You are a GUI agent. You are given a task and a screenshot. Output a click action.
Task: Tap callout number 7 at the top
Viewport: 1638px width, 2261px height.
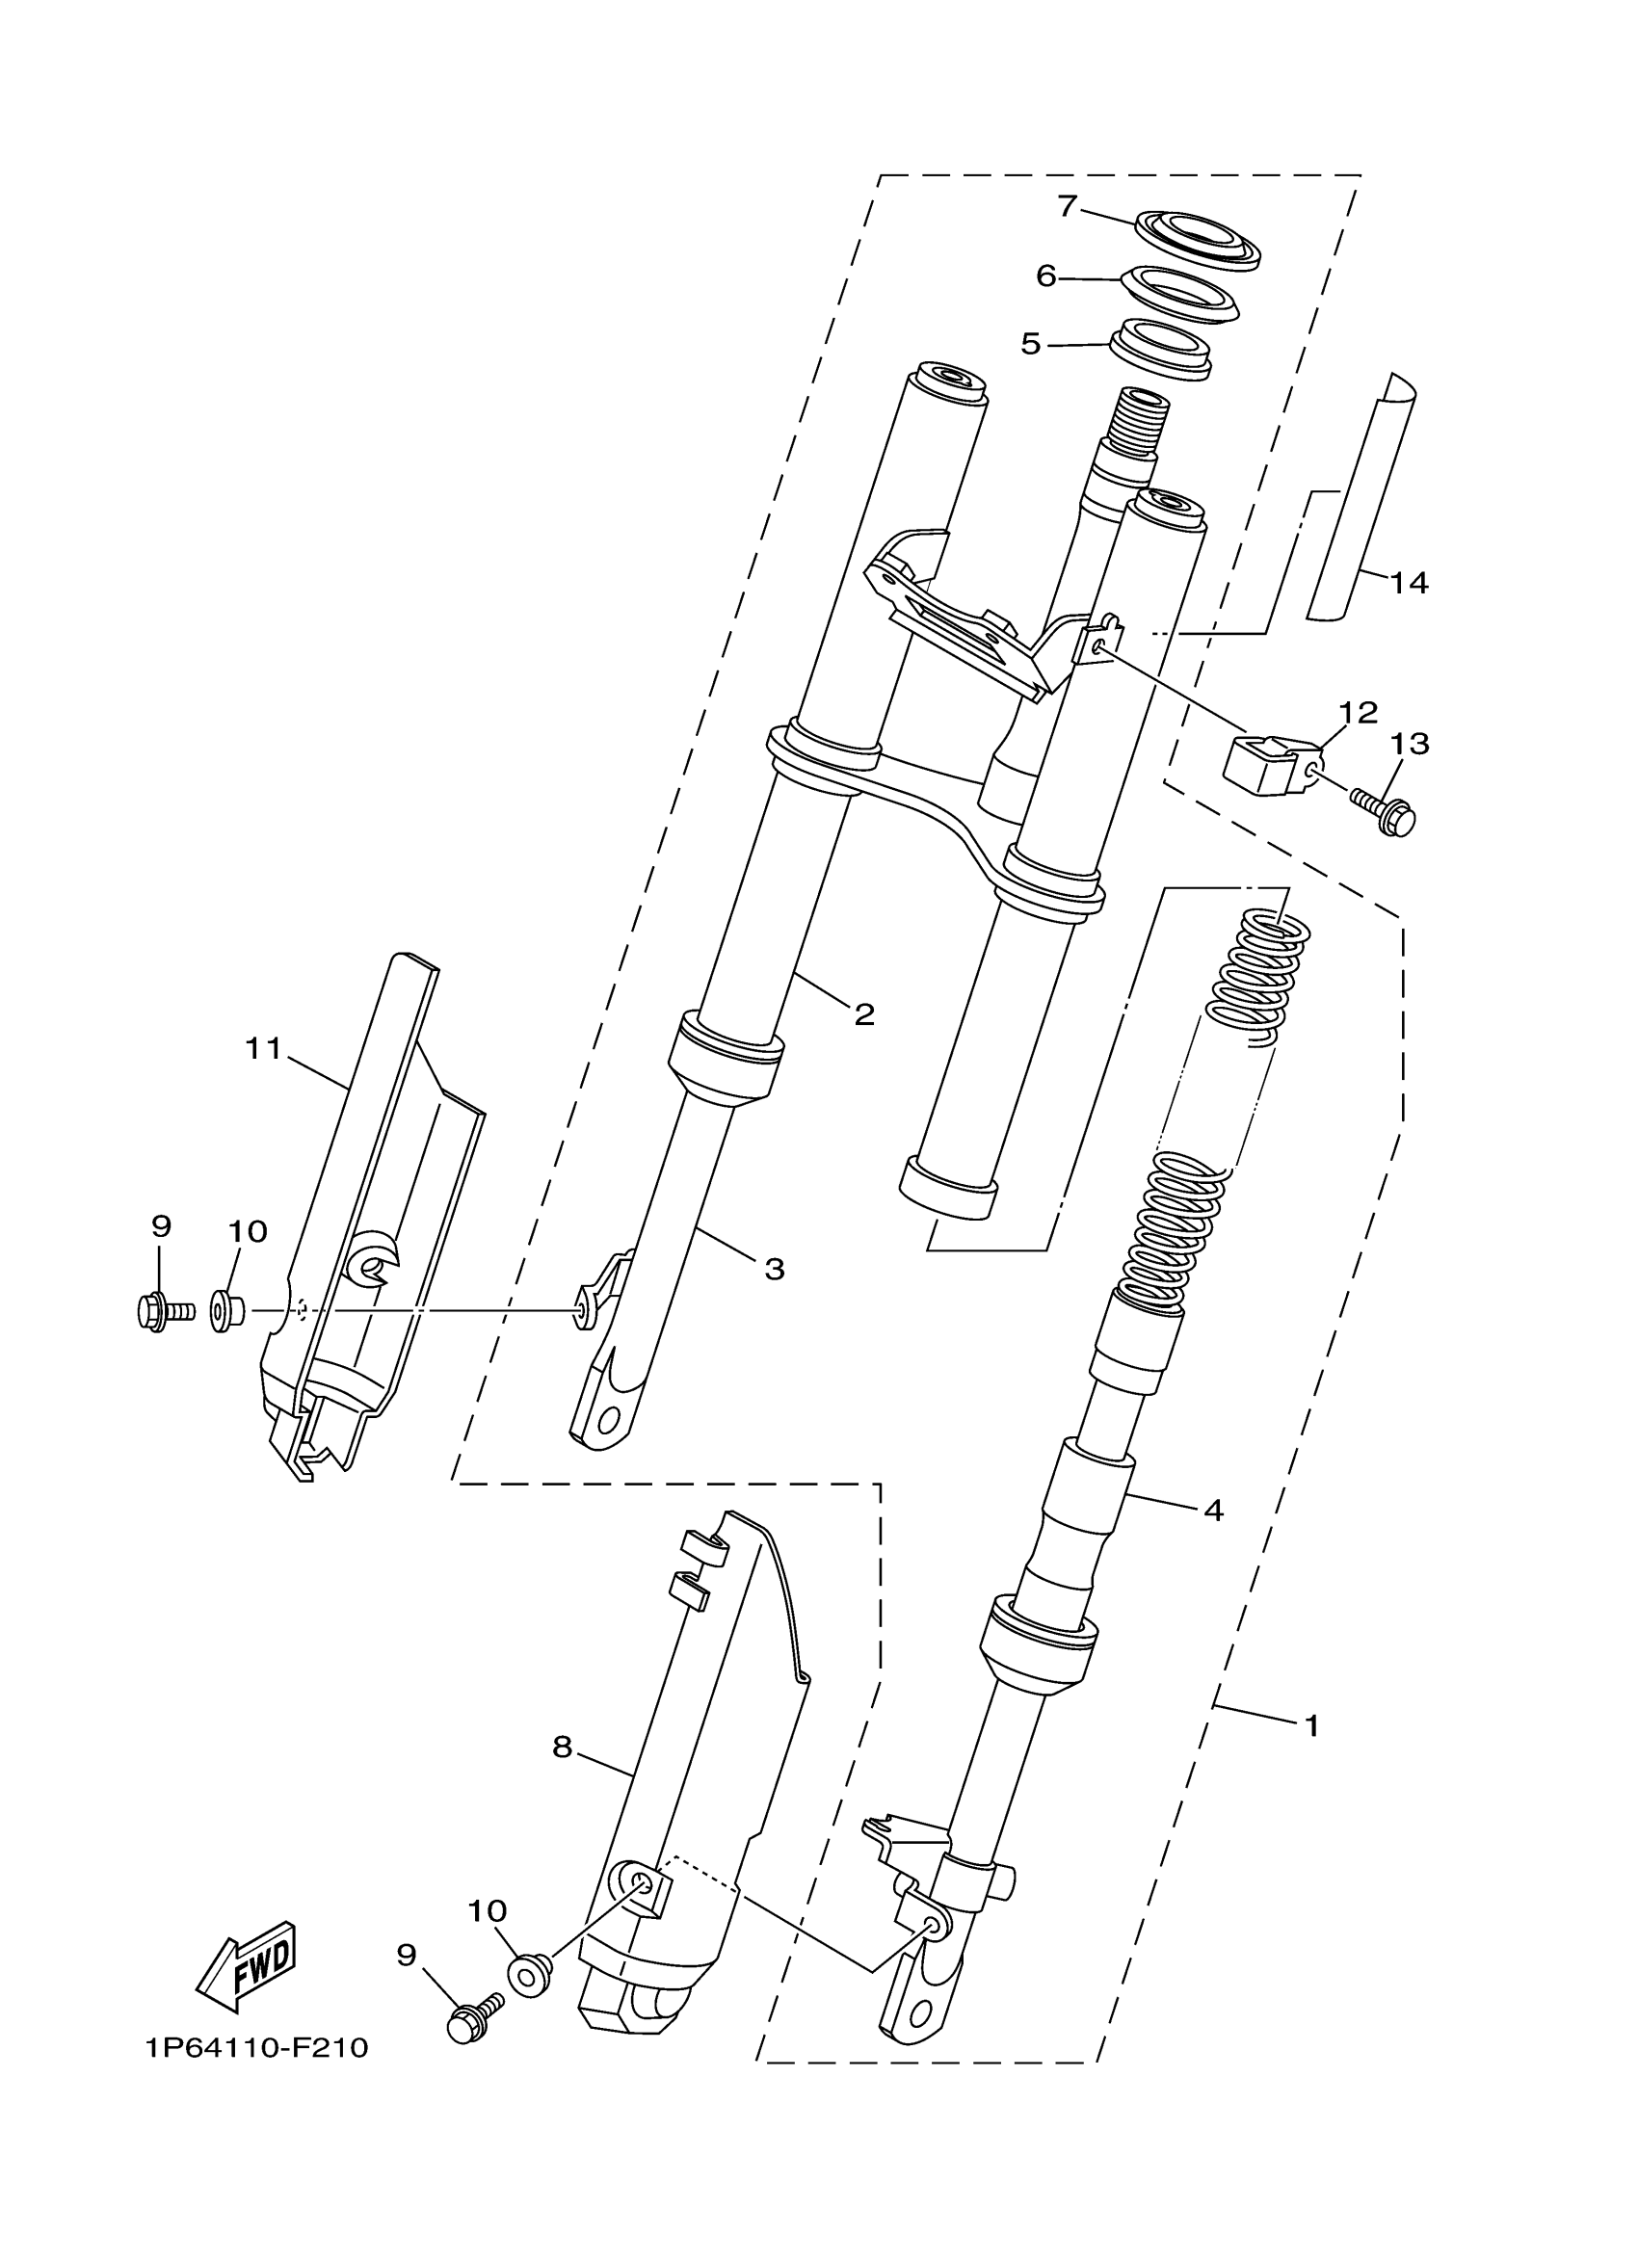click(x=1067, y=205)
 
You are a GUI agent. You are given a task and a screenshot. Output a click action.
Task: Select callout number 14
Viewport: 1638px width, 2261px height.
click(x=1409, y=582)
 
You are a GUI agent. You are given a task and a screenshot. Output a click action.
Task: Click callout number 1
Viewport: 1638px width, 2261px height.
click(x=1312, y=1723)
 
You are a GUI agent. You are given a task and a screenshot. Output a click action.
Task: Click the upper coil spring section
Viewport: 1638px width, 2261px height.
click(x=1258, y=978)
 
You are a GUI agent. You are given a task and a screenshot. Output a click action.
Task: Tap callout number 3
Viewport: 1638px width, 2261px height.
click(x=775, y=1269)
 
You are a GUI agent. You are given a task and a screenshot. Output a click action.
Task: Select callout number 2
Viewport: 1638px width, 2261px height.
click(x=863, y=1013)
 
